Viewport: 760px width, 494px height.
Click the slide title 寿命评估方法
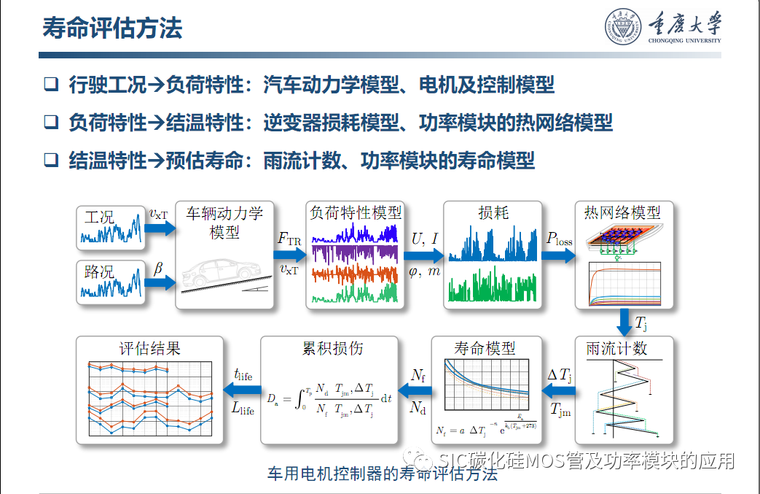click(111, 28)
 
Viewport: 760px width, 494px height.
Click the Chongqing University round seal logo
click(621, 28)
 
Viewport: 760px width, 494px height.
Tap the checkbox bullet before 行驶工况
click(50, 85)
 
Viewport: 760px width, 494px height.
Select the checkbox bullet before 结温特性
click(50, 159)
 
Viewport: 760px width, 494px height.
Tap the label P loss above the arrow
click(560, 238)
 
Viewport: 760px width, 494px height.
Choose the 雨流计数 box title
click(616, 348)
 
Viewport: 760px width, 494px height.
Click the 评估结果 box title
click(149, 348)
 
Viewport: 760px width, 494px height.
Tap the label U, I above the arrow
click(425, 238)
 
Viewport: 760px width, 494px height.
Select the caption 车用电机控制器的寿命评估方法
click(383, 474)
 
